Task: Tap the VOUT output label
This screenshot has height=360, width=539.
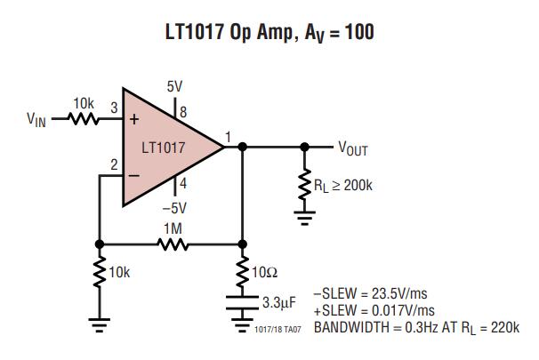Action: click(352, 148)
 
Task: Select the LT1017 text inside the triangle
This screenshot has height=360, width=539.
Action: click(164, 148)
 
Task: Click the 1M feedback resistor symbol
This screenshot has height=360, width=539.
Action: click(173, 243)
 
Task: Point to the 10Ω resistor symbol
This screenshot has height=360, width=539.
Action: click(242, 271)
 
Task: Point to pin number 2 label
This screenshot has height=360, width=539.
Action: click(114, 164)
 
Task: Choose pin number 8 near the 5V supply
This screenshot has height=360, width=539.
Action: click(183, 113)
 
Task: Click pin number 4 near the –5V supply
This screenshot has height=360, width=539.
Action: click(183, 184)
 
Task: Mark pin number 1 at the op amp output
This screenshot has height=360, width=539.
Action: click(229, 136)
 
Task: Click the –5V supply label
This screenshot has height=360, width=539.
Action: click(173, 208)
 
